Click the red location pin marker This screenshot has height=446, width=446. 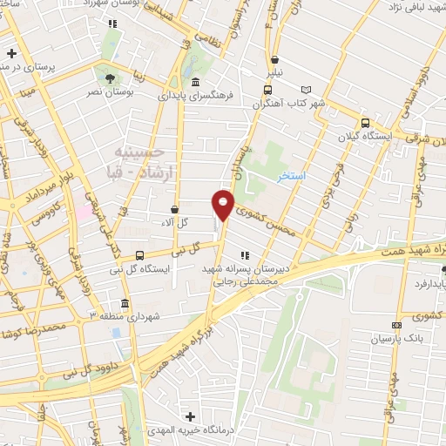[223, 205]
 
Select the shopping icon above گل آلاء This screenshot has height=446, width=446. [174, 209]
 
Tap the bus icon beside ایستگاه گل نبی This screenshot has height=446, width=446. [140, 254]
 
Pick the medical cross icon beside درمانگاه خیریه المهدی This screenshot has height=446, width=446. [190, 416]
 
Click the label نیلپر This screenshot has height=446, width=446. [275, 74]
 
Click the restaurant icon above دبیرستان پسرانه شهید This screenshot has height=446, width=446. [245, 255]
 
